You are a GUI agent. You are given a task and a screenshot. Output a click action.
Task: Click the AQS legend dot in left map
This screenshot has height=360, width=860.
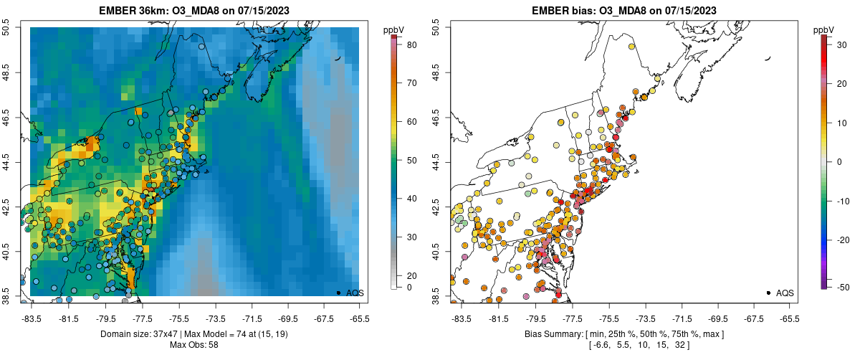[x=338, y=293]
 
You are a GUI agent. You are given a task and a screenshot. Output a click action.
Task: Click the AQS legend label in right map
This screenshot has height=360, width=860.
[x=785, y=293]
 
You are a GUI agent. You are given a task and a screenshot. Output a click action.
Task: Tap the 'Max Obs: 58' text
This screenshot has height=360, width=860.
[x=194, y=345]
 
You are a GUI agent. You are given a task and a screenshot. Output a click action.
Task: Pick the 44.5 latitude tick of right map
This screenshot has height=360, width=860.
[x=436, y=162]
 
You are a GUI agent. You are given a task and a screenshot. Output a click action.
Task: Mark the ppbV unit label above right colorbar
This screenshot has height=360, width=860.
[x=824, y=29]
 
